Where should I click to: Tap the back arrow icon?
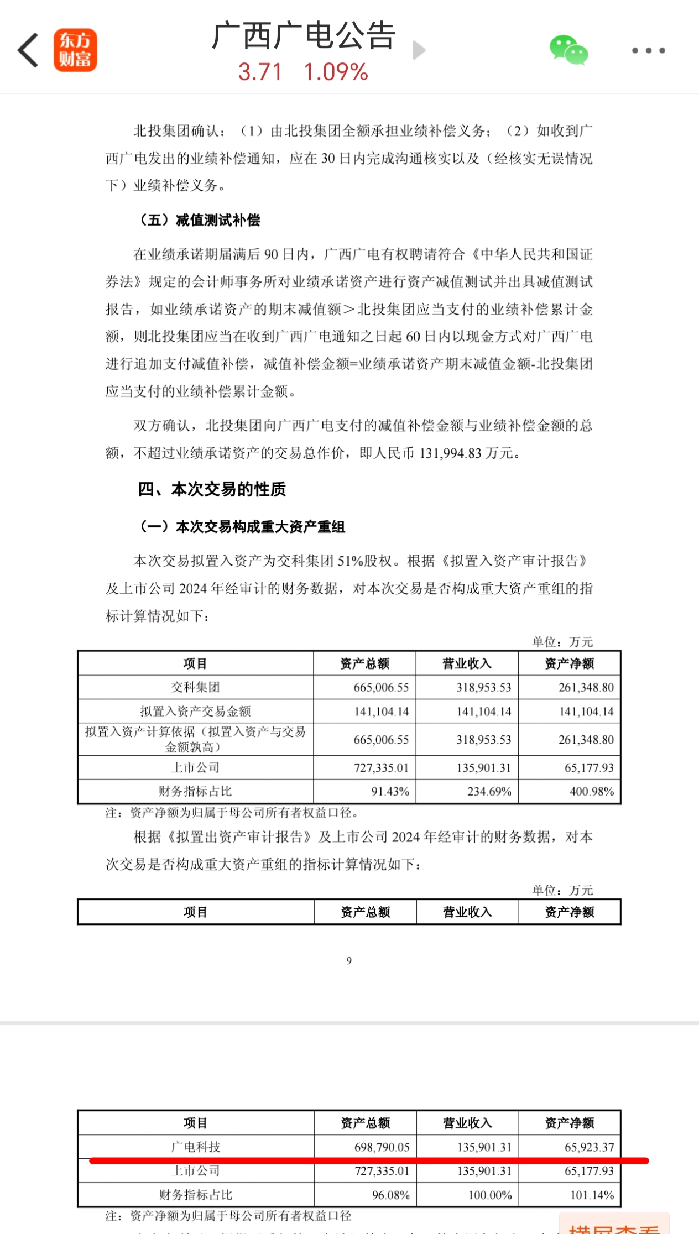tap(29, 50)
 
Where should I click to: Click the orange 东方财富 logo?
tap(75, 50)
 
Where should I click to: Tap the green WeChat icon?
tap(568, 50)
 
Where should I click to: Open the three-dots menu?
tap(648, 50)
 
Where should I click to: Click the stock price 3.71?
tap(260, 72)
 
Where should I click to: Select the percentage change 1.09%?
tap(336, 72)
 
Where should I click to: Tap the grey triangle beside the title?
tap(419, 50)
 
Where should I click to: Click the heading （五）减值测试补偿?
tap(200, 220)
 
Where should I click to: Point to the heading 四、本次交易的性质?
tap(212, 489)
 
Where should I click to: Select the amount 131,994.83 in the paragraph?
tap(450, 453)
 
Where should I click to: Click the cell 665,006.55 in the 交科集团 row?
tap(381, 687)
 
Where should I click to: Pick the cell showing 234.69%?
tap(489, 791)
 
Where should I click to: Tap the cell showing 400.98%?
tap(591, 791)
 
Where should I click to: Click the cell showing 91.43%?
tap(390, 791)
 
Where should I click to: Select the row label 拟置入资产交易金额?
tap(195, 711)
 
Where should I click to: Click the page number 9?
tap(349, 960)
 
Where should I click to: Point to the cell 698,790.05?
tap(382, 1147)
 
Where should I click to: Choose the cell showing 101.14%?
tap(592, 1195)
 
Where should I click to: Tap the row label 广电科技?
tap(195, 1147)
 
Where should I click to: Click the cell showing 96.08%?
tap(390, 1195)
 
